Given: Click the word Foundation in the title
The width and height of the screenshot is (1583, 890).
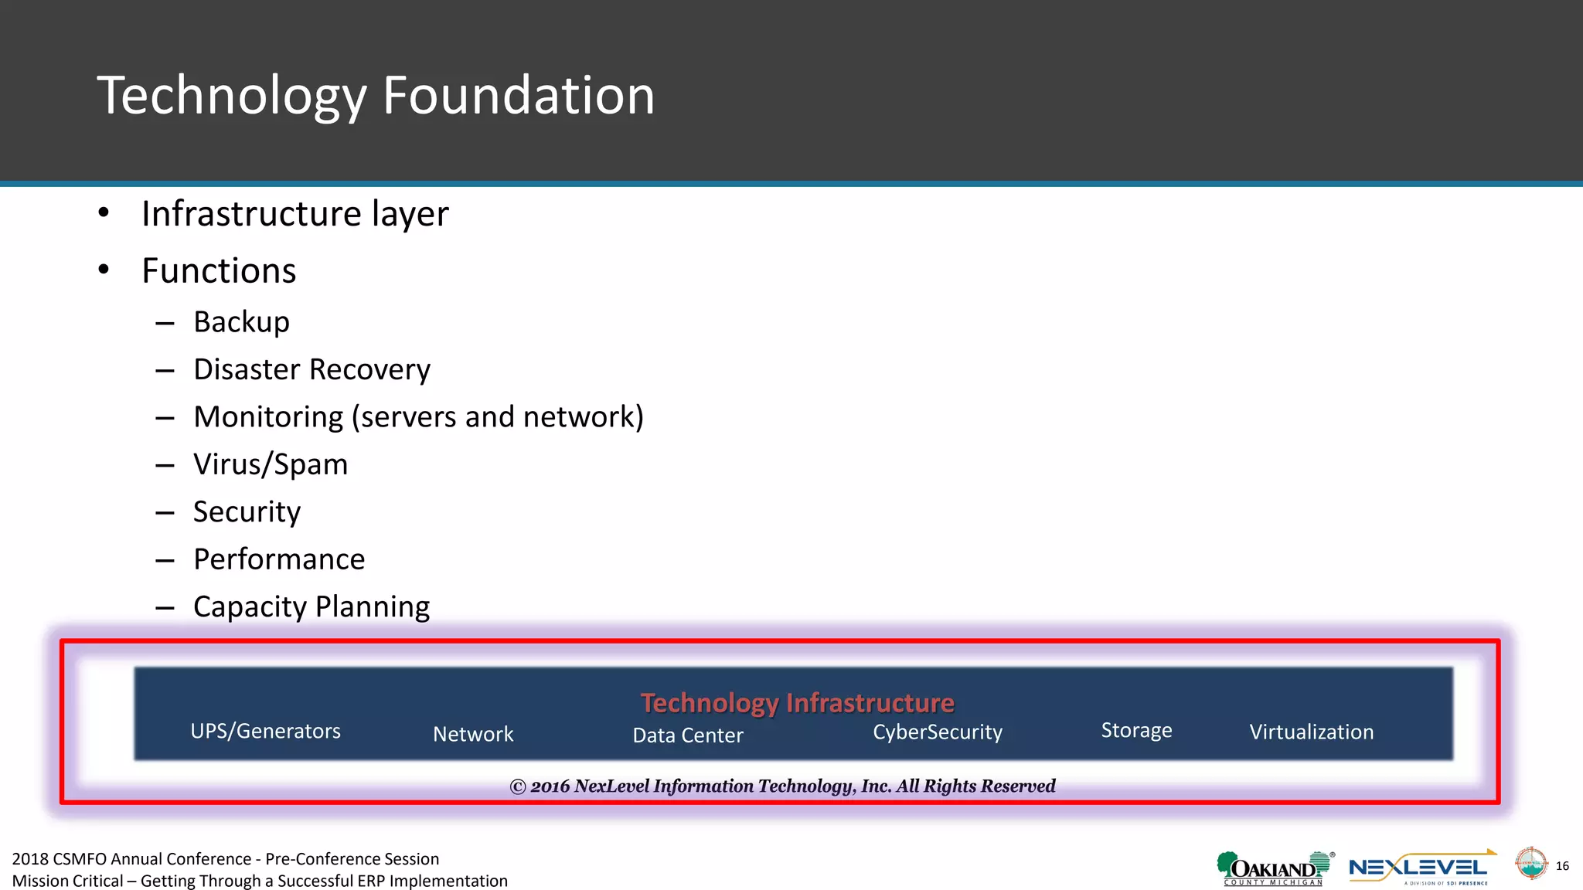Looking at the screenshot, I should coord(519,96).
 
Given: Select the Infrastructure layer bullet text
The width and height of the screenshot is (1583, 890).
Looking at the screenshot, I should coord(294,214).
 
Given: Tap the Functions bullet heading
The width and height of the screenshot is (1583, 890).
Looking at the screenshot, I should coord(219,271).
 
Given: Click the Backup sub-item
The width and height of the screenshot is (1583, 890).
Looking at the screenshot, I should coord(241,322).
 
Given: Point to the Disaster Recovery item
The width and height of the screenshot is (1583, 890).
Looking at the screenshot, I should coord(311,370).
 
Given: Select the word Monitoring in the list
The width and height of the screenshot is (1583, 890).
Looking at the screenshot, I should coord(268,417).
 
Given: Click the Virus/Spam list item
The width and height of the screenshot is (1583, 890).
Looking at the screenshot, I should coord(271,465).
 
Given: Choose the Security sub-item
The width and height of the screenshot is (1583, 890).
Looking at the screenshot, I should coord(247,512).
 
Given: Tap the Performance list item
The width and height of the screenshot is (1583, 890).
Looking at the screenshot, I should coord(279,559).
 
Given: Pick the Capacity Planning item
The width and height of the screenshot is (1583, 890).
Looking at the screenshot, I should coord(311,607).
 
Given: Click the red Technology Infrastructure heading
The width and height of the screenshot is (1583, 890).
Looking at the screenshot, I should coord(797,703).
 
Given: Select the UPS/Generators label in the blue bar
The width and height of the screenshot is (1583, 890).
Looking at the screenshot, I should coord(265,731).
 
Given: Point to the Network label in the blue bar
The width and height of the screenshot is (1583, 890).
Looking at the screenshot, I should coord(473,734).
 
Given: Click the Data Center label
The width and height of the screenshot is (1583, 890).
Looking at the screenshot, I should coord(688,735).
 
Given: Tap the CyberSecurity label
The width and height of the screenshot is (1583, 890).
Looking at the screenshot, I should coord(938,732).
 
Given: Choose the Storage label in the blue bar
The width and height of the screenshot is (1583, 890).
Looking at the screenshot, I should coord(1136,730).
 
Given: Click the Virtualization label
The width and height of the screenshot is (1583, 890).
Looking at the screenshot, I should coord(1312,732).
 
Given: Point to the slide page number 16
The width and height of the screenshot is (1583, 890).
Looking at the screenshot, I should coord(1562,866).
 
